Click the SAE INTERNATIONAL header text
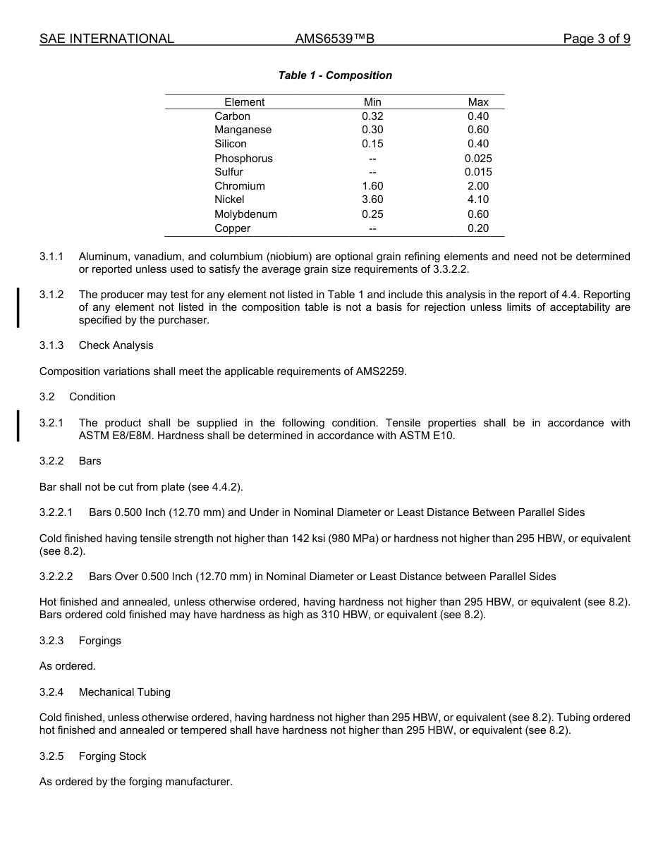(106, 39)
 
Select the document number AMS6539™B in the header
(334, 39)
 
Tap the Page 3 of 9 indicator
(596, 39)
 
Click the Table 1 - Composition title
(335, 75)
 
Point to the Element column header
(244, 102)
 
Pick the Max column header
(478, 102)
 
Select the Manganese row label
(243, 130)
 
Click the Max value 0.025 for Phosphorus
(478, 159)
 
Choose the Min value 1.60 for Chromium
(372, 186)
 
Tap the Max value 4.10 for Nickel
(478, 199)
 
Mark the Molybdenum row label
(245, 214)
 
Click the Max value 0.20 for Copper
(478, 228)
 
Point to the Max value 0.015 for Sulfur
(478, 172)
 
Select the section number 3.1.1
(51, 257)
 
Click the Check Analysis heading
(116, 345)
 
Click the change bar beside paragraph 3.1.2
(18, 307)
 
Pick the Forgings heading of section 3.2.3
(99, 641)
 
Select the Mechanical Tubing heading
(124, 692)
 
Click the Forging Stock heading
(112, 756)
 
